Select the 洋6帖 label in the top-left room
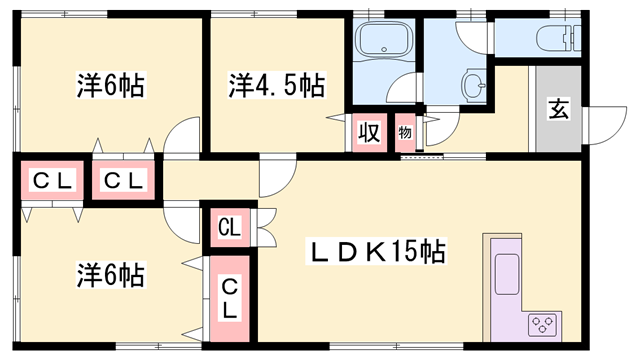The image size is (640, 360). (110, 85)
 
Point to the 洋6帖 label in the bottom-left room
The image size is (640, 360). (110, 273)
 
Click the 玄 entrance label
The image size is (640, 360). (557, 110)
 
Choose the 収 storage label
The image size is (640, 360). (368, 132)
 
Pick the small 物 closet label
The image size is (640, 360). (406, 132)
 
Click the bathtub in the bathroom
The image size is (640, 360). (385, 42)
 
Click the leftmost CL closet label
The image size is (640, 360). (50, 181)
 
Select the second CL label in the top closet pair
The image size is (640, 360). (123, 181)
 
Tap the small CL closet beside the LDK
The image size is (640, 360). (229, 227)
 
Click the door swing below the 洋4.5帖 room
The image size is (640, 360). (275, 179)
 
